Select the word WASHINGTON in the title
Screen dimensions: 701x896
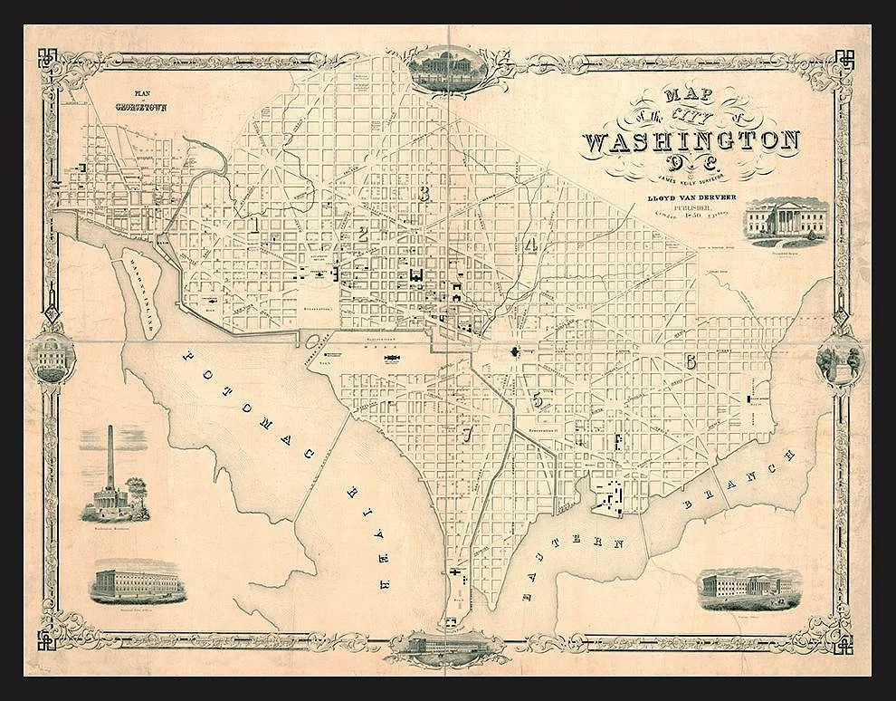(x=692, y=141)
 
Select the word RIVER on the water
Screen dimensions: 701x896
(x=370, y=532)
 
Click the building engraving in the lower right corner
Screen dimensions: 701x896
(x=748, y=588)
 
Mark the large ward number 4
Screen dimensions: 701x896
(x=531, y=245)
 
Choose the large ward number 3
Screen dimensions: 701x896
(x=423, y=193)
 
